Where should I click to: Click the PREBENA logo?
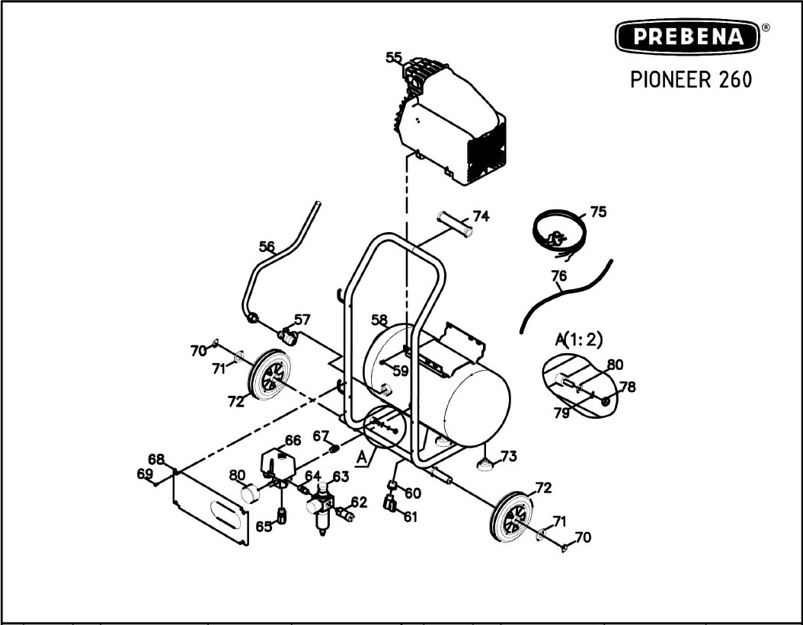[x=687, y=37]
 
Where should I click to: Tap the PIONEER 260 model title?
[x=691, y=80]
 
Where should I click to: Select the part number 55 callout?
[x=394, y=58]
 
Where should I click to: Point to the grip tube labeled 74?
[x=455, y=225]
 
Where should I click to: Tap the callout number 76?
[x=559, y=276]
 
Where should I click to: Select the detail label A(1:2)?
[x=579, y=340]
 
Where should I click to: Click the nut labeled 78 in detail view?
[x=606, y=401]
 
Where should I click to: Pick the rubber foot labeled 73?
[x=484, y=464]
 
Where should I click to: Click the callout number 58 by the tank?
[x=379, y=320]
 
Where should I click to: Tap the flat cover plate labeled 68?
[x=210, y=507]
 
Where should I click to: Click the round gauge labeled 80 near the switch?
[x=251, y=494]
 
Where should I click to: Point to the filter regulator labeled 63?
[x=321, y=508]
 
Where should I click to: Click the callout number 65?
[x=264, y=526]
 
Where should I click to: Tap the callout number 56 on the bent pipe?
[x=267, y=247]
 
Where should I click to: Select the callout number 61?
[x=410, y=517]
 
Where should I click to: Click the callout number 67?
[x=321, y=436]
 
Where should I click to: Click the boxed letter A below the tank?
[x=363, y=458]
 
